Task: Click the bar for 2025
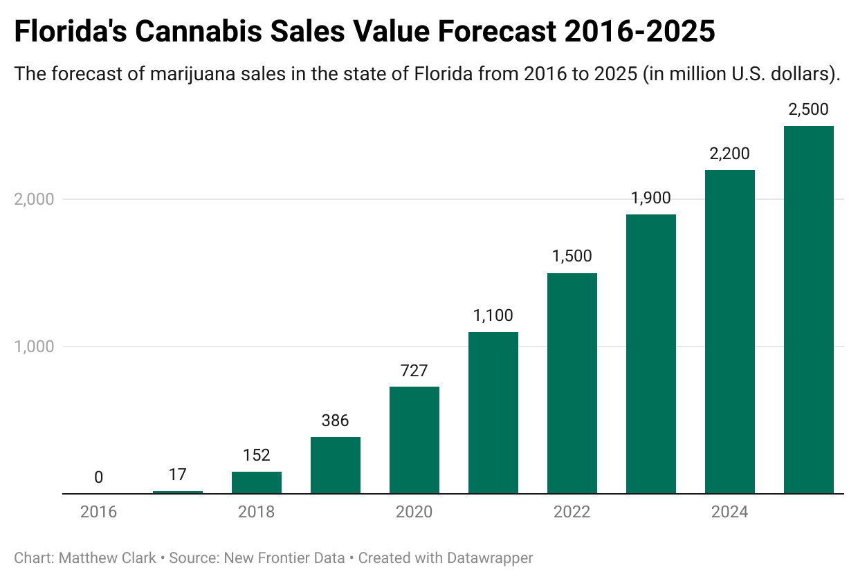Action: click(808, 310)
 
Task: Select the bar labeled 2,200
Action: click(729, 332)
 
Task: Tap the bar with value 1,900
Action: click(650, 354)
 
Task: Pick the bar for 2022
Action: click(572, 384)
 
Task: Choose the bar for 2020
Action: click(414, 440)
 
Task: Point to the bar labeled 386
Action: click(335, 465)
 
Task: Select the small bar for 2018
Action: click(256, 483)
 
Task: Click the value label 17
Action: click(177, 474)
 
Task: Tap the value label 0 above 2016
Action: click(98, 477)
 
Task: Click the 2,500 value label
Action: click(808, 109)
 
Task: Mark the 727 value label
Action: click(414, 370)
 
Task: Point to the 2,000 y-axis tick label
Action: click(34, 199)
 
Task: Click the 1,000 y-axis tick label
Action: click(34, 347)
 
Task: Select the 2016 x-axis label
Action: click(98, 513)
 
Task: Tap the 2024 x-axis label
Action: click(729, 513)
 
